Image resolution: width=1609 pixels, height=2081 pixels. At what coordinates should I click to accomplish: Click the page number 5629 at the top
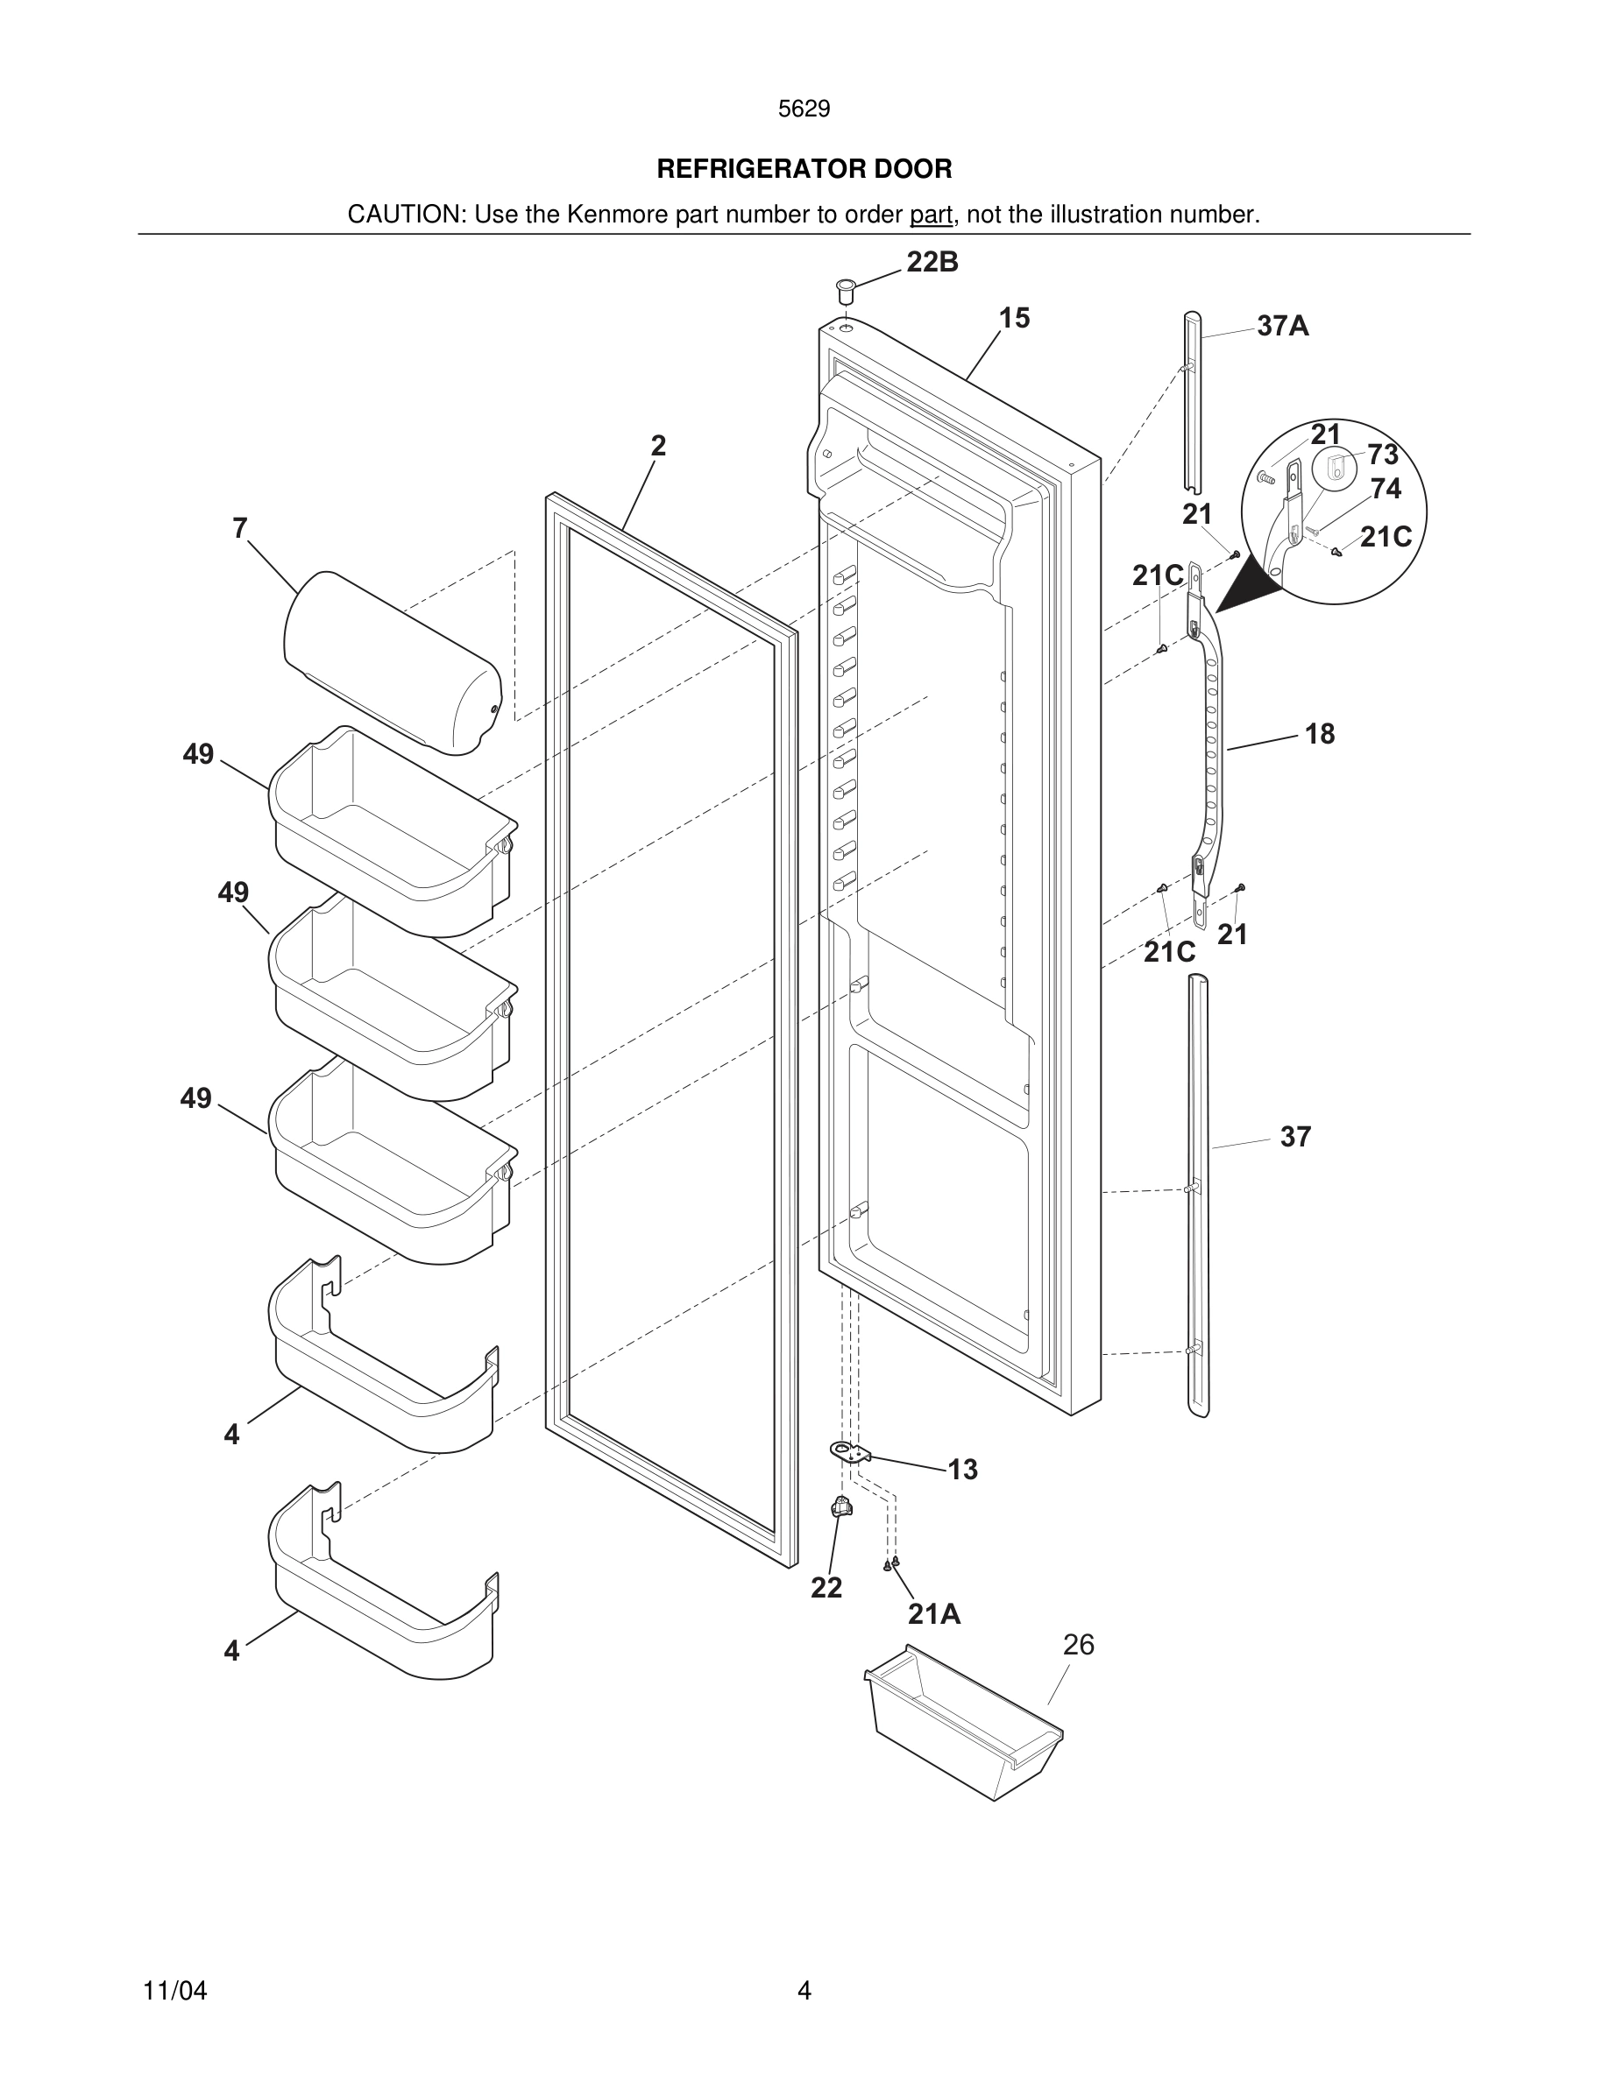804,109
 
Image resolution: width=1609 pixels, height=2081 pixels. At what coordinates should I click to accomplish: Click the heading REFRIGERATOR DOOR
804,170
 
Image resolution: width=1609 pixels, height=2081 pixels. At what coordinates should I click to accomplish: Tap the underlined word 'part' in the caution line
931,215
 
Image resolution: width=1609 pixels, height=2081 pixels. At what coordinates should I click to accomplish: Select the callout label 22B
932,262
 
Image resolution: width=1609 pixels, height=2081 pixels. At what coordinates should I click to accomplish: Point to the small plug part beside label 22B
845,290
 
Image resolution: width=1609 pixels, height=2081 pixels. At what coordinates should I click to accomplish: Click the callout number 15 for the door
1014,318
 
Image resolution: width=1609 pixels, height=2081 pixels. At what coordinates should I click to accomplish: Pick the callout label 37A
1282,327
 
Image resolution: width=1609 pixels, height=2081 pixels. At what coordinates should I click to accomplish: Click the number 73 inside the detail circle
1382,455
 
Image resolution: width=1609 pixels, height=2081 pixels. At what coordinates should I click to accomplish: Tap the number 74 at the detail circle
1385,489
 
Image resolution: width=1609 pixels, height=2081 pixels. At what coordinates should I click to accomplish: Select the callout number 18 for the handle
1319,734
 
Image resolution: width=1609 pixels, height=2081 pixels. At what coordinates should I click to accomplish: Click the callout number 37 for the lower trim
1295,1137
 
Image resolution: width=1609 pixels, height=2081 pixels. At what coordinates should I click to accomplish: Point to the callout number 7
240,528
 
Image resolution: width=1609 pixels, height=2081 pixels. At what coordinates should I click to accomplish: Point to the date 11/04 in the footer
174,1992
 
